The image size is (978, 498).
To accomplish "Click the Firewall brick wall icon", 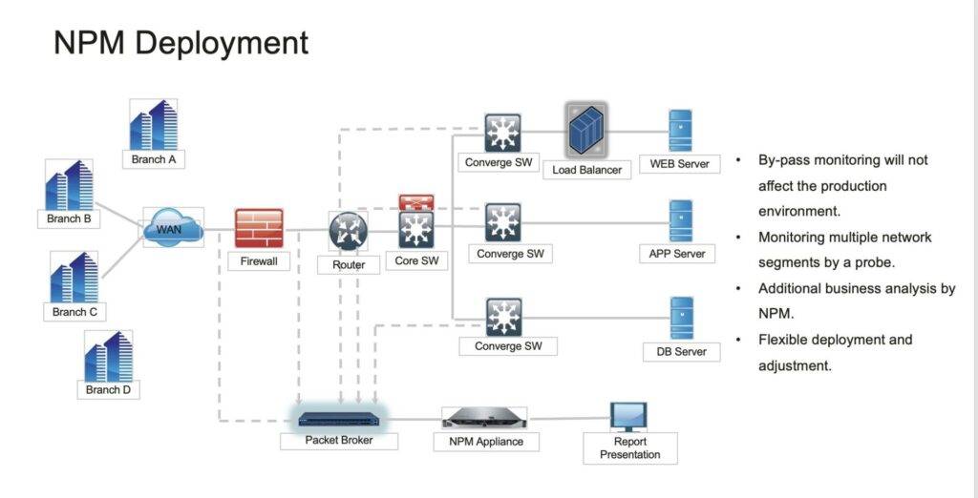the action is (259, 228).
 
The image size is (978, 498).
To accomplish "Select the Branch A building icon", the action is (154, 125).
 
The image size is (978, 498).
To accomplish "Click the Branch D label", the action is (109, 389).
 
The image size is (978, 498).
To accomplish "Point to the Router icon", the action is (348, 231).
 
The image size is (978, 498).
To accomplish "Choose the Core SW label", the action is (416, 260).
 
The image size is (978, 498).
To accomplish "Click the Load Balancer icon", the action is (586, 131).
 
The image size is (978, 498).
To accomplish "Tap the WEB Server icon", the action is (680, 131).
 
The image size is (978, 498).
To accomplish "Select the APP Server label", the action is (677, 254).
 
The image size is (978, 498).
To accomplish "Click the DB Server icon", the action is (681, 318).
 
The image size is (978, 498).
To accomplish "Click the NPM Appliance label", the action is (486, 442).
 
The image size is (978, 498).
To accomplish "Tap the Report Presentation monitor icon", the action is (628, 417).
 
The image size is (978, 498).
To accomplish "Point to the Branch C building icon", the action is (74, 277).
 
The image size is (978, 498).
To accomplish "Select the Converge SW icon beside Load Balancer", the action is (502, 133).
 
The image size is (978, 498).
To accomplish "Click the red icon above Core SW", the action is (416, 202).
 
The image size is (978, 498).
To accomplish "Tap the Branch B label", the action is (69, 218).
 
